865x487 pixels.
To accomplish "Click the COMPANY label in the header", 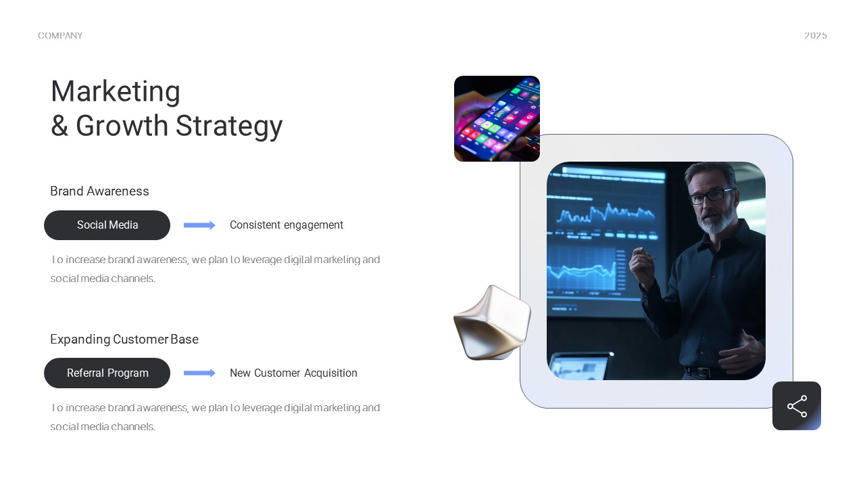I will tap(60, 36).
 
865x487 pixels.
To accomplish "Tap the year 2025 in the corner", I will tap(815, 36).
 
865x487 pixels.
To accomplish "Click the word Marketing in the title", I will tap(116, 91).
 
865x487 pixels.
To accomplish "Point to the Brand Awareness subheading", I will tap(99, 191).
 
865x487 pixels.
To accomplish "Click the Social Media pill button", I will tap(107, 225).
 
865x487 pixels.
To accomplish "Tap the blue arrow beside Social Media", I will tap(199, 225).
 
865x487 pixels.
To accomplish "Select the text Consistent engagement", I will tap(287, 225).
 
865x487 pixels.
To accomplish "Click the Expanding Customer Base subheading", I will tap(124, 340).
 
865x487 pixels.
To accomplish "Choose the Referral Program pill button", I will tap(107, 373).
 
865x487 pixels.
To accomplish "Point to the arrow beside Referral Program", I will tap(199, 373).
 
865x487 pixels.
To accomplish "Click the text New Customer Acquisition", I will tap(293, 373).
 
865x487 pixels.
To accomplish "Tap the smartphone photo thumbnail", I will tap(497, 119).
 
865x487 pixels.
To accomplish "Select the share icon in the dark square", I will tap(797, 406).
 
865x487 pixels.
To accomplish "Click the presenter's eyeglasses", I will tap(710, 196).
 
